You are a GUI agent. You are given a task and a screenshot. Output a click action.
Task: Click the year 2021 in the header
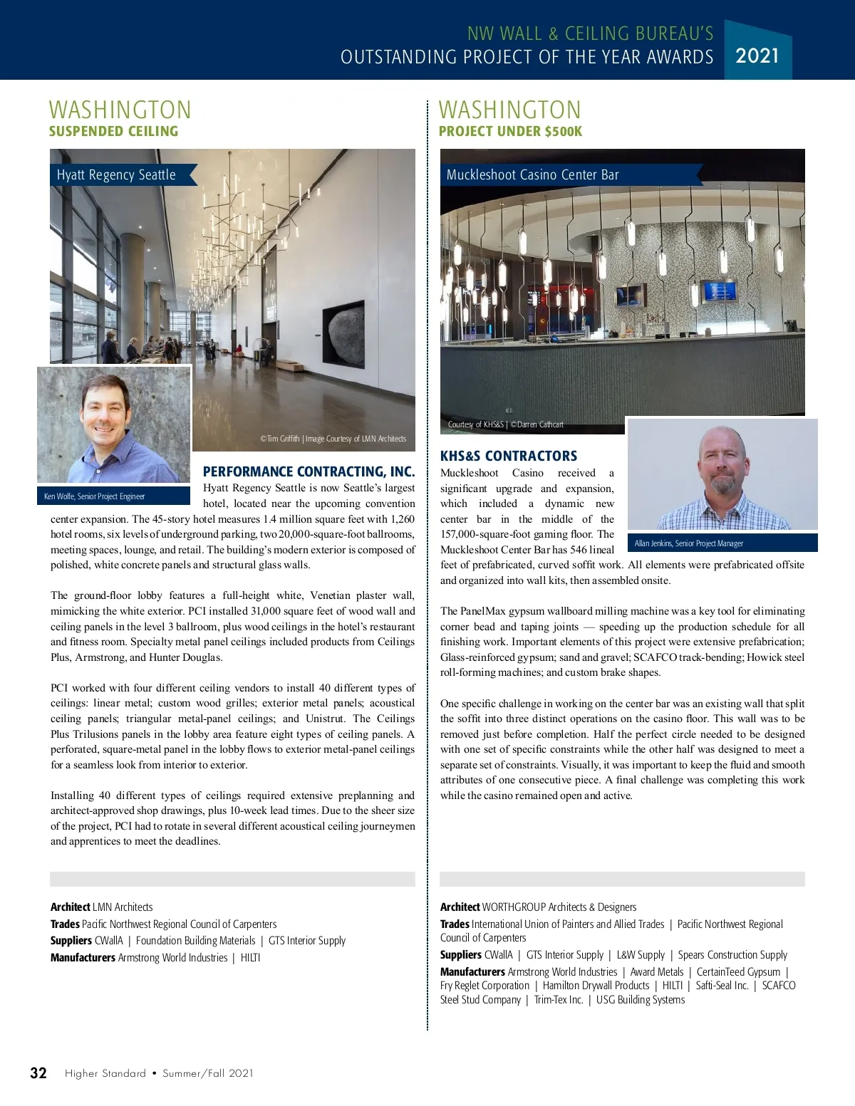click(x=757, y=56)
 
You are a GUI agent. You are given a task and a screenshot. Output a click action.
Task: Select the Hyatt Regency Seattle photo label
click(x=116, y=175)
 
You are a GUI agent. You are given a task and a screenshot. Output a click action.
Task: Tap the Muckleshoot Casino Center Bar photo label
click(x=532, y=175)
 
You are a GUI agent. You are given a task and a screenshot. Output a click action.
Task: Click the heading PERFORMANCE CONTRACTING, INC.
click(x=309, y=471)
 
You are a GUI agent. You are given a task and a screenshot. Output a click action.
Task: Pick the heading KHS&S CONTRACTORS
click(x=508, y=456)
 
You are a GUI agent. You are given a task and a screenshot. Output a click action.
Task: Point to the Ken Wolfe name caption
click(x=94, y=496)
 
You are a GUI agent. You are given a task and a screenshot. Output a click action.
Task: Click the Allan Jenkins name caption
click(x=688, y=543)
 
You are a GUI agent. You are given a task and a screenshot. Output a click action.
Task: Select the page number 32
click(x=38, y=1073)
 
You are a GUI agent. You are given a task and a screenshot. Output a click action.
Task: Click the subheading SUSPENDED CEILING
click(x=113, y=131)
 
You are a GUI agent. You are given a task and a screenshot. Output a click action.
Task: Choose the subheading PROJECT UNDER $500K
click(x=510, y=131)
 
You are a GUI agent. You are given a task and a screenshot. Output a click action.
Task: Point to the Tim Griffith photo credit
click(x=333, y=439)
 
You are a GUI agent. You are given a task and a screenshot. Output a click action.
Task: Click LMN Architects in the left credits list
click(x=123, y=907)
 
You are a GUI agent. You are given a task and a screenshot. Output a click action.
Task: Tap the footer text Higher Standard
click(x=105, y=1073)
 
